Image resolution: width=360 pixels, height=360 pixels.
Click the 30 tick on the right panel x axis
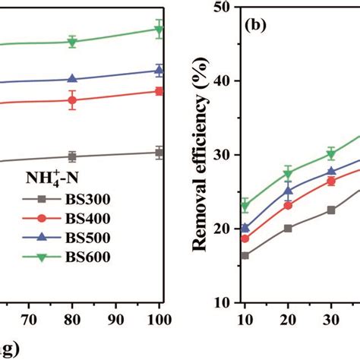click(331, 317)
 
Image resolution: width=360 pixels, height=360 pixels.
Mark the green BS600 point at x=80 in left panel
click(72, 42)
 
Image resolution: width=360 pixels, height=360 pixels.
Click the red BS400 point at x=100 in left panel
click(159, 91)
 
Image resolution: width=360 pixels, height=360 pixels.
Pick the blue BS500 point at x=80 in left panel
click(72, 79)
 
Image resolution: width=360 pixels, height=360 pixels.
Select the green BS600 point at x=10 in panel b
click(245, 206)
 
